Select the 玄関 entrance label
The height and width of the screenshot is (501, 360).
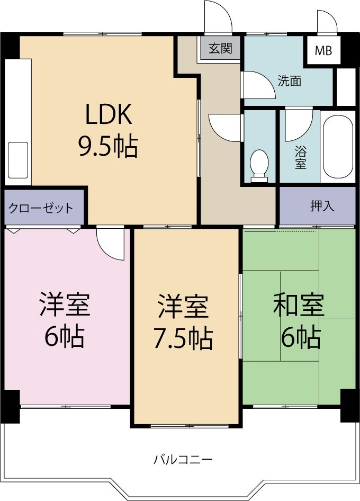(x=220, y=49)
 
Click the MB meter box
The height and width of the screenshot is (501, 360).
(x=323, y=51)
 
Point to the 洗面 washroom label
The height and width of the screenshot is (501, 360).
(x=290, y=81)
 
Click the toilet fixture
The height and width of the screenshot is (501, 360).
(x=259, y=164)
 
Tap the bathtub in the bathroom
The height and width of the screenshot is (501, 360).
(x=337, y=147)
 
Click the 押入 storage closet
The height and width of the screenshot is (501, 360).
(x=322, y=206)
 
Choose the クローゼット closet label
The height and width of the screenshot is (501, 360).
(x=40, y=208)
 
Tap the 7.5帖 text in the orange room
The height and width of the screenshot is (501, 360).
(x=183, y=337)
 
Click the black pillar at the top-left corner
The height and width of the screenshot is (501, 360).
(x=10, y=46)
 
